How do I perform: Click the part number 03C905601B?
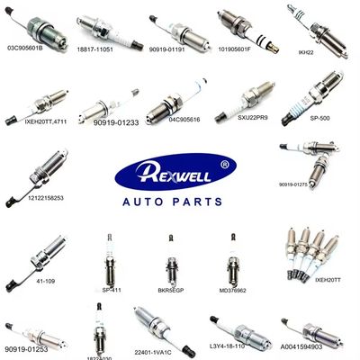pyautogui.click(x=24, y=46)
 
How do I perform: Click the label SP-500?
pyautogui.click(x=319, y=116)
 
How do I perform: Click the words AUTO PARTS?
pyautogui.click(x=179, y=198)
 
